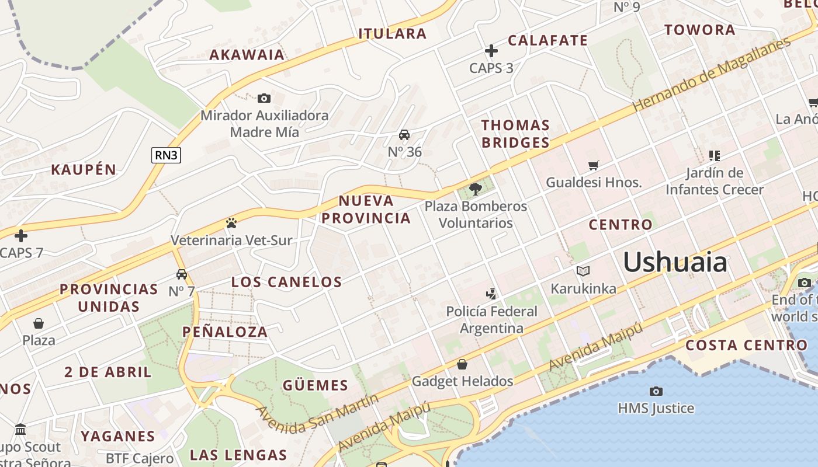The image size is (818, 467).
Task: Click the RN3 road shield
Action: [x=166, y=155]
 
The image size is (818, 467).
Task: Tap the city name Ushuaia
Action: [x=675, y=262]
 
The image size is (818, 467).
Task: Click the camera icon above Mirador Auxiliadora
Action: [x=264, y=98]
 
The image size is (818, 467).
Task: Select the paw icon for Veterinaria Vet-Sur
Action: [x=231, y=223]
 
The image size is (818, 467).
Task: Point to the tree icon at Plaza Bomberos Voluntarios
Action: [x=476, y=189]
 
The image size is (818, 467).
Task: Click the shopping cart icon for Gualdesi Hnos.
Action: [x=594, y=166]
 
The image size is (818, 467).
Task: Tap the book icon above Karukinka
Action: [x=583, y=271]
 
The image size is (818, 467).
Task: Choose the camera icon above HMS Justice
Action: [x=656, y=391]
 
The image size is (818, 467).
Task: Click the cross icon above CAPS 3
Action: [x=491, y=51]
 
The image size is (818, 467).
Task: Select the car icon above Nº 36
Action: [x=404, y=135]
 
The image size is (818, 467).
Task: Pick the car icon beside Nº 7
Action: [x=182, y=274]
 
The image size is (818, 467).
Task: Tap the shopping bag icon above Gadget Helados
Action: [x=462, y=364]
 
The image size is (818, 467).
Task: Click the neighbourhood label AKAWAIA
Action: [x=247, y=55]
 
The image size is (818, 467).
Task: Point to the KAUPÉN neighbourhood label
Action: [x=84, y=170]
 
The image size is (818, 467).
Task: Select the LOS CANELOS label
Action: [x=286, y=282]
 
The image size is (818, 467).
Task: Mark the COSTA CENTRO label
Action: [x=746, y=345]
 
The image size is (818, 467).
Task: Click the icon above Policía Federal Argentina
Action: [x=491, y=294]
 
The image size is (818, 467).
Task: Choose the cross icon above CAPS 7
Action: [x=21, y=236]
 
